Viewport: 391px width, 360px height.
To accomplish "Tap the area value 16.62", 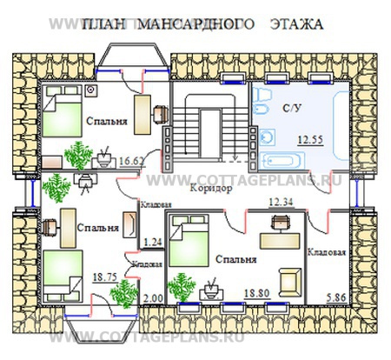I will [x=131, y=160].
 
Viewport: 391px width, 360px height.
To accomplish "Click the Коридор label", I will [x=209, y=189].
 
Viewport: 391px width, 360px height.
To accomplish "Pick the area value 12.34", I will [x=281, y=203].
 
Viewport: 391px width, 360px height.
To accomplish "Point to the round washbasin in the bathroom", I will [x=268, y=135].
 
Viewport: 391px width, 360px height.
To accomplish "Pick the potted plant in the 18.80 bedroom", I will [x=182, y=284].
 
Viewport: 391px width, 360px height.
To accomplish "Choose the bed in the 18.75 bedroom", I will [x=63, y=273].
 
